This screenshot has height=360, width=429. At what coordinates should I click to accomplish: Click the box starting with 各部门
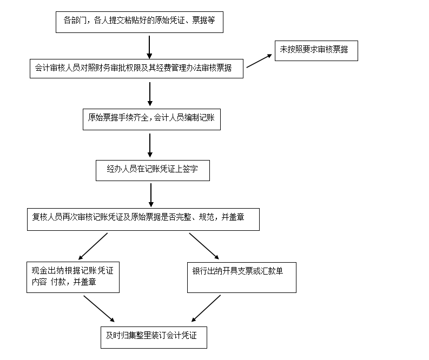(x=139, y=21)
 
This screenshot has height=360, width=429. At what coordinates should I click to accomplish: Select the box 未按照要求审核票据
(x=316, y=50)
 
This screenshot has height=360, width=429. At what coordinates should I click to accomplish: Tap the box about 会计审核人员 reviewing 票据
(x=136, y=68)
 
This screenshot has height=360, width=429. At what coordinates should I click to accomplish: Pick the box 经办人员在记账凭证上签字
(x=152, y=169)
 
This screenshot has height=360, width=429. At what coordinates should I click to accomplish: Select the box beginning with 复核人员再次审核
(x=143, y=219)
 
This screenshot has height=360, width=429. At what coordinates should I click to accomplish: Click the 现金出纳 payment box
(x=73, y=277)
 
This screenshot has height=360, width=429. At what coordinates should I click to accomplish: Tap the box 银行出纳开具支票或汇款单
(x=241, y=277)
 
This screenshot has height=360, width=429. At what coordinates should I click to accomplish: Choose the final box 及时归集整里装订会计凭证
(x=153, y=337)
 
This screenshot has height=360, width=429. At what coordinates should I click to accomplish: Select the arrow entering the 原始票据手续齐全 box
(x=150, y=94)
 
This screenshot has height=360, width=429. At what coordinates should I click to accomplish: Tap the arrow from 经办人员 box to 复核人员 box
(x=150, y=195)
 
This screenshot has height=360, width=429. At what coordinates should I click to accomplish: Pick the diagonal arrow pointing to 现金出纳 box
(x=93, y=246)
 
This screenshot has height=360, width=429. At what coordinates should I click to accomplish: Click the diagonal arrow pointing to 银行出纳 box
(x=204, y=246)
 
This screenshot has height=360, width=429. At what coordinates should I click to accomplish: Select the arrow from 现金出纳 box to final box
(x=99, y=309)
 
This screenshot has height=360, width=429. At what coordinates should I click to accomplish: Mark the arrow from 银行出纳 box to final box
(x=206, y=309)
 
